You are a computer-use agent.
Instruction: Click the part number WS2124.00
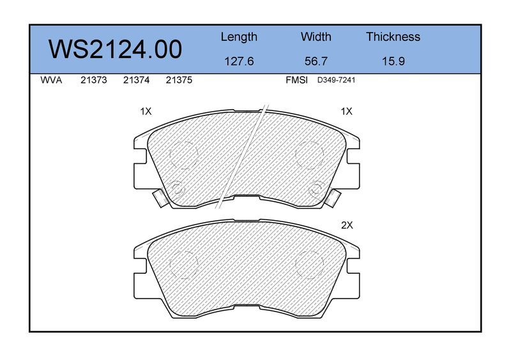115,50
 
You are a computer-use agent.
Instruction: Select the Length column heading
239,37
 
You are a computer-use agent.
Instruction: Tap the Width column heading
316,36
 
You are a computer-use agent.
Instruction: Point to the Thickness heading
393,36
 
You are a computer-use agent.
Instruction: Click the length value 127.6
239,61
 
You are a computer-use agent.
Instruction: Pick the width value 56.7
316,61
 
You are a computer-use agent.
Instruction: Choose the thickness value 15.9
393,61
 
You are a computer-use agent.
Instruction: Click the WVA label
51,80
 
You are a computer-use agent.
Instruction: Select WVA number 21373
94,80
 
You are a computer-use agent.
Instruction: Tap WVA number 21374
136,80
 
